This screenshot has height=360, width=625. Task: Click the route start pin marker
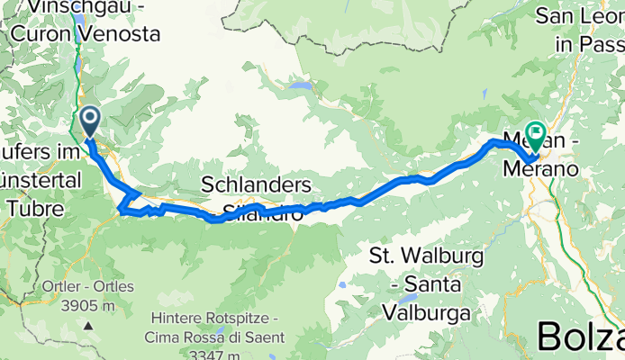90,121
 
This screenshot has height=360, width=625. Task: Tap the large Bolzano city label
581,337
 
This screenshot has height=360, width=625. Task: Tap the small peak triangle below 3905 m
88,323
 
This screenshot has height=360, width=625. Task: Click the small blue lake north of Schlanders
306,87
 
